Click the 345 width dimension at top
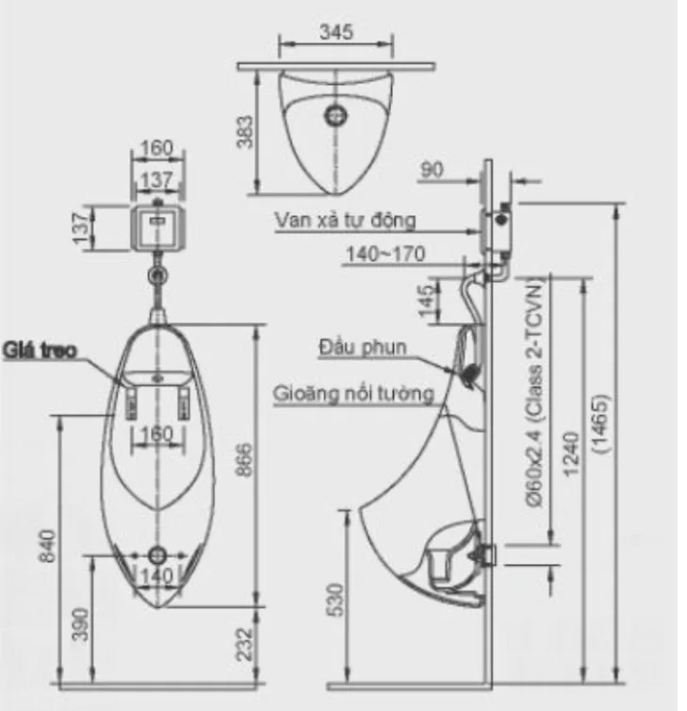click(335, 32)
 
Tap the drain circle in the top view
click(335, 116)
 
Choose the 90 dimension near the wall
click(432, 170)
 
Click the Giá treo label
click(40, 352)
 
